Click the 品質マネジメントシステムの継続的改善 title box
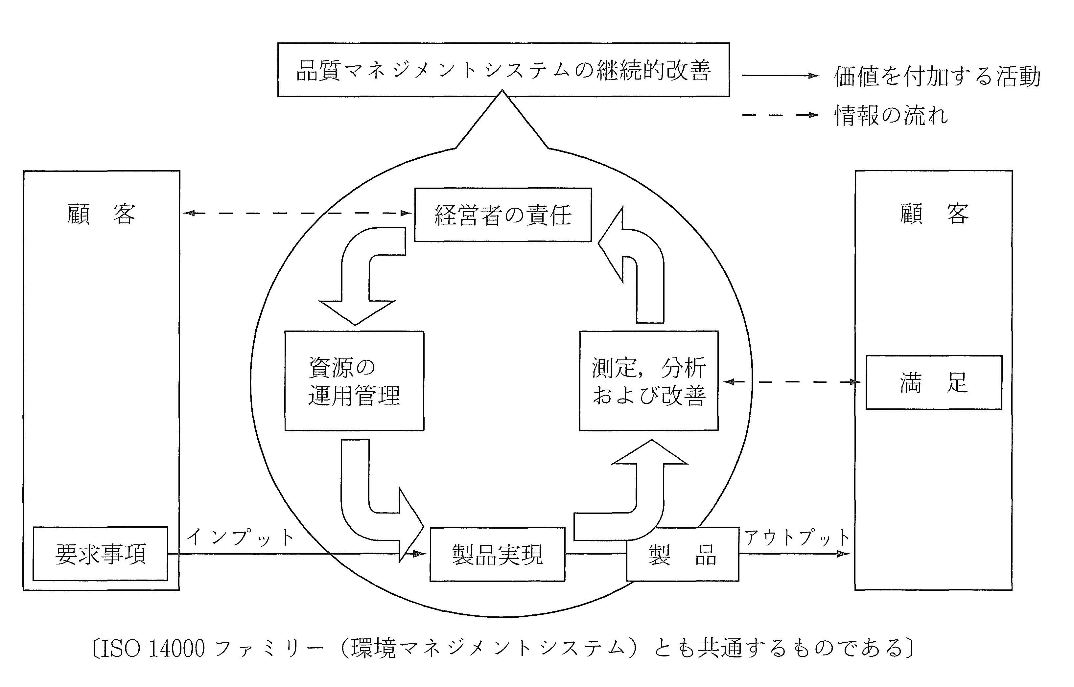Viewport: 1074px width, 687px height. (x=503, y=70)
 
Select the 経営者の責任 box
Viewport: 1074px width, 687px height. (x=503, y=215)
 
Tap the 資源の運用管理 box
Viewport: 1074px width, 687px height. (x=354, y=381)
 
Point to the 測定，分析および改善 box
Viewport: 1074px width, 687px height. (x=648, y=381)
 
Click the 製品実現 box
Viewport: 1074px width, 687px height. (x=497, y=555)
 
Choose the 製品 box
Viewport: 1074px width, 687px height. (x=682, y=555)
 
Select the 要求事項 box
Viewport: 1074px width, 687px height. (x=100, y=554)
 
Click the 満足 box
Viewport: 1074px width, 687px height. (x=933, y=383)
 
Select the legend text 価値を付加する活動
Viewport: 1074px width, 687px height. (x=937, y=76)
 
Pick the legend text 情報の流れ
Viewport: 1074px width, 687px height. (x=891, y=116)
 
